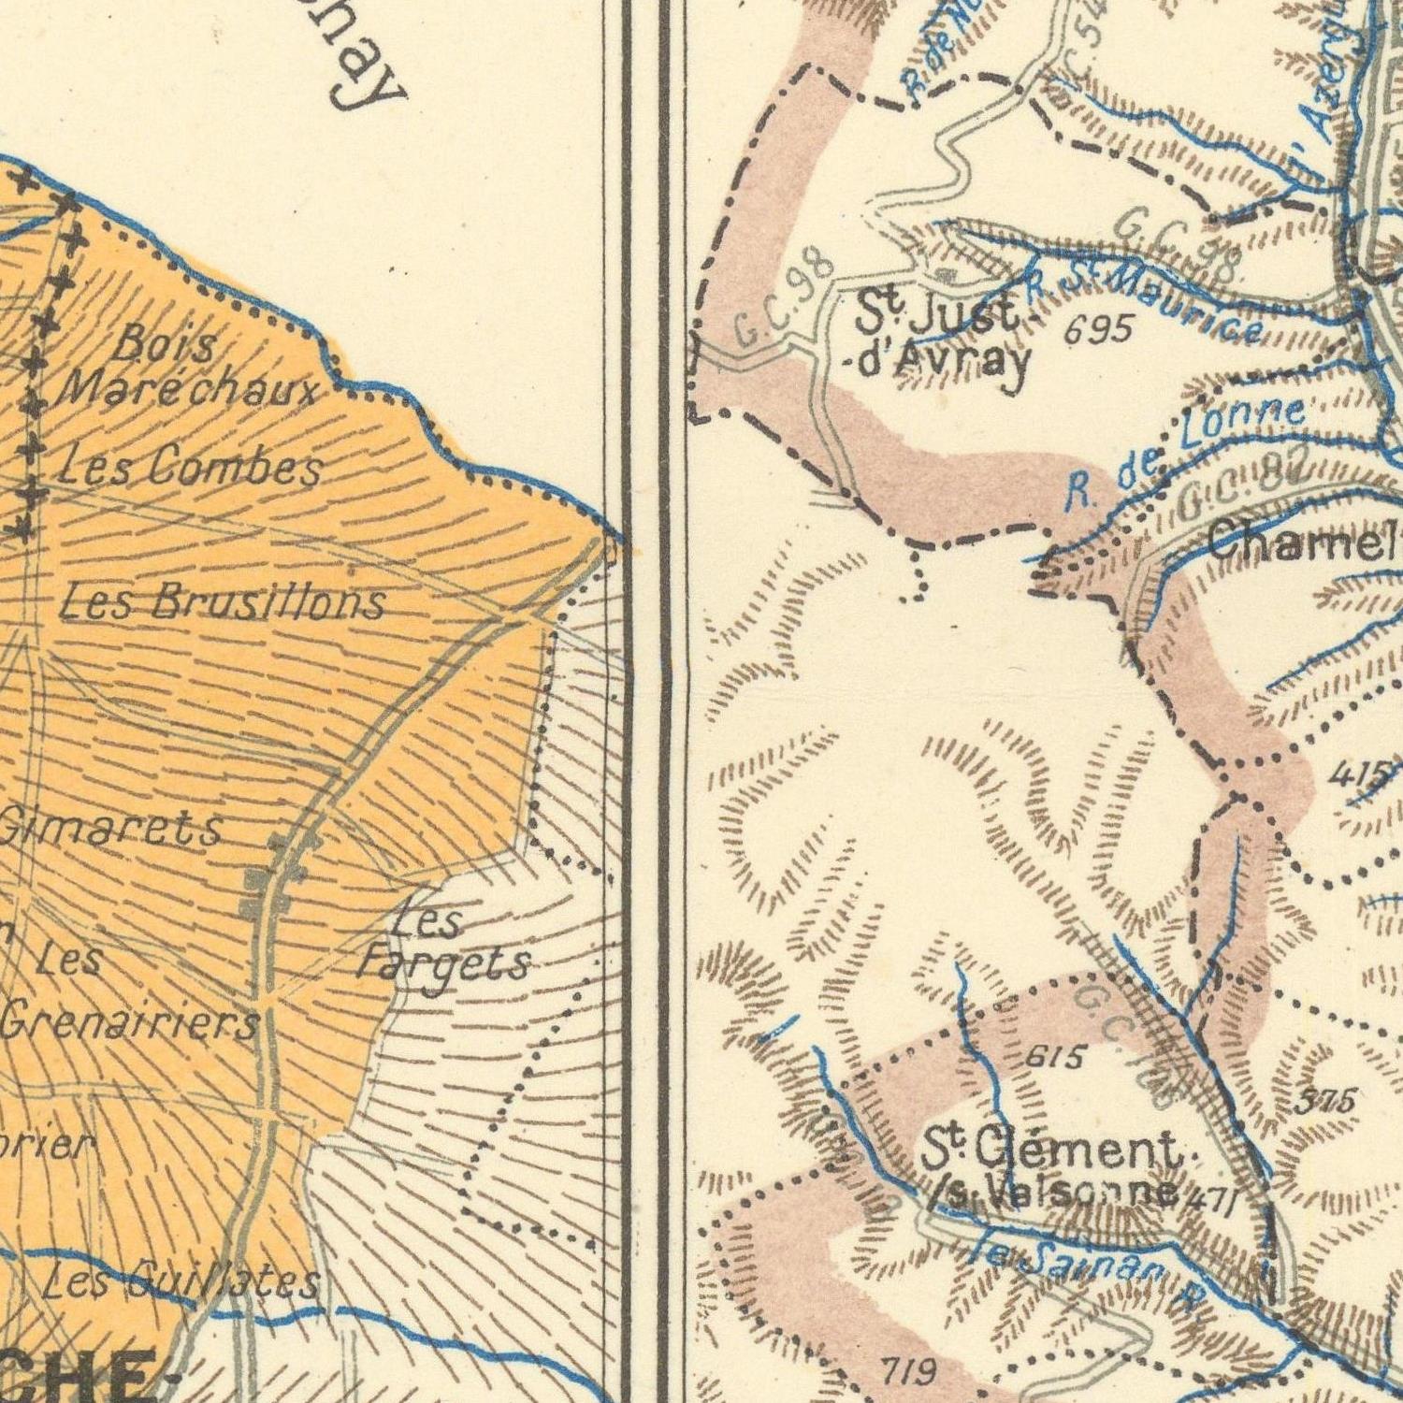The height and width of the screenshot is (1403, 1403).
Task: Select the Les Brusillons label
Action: point(222,601)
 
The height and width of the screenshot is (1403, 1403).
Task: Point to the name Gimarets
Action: point(112,828)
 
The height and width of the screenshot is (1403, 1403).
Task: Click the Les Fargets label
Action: point(443,945)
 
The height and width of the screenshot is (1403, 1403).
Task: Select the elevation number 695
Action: point(1100,328)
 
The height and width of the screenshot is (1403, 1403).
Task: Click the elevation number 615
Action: point(1055,1058)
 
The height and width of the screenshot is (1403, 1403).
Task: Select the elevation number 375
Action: point(1325,1102)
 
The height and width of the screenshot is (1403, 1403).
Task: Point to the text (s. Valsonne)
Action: point(1054,1191)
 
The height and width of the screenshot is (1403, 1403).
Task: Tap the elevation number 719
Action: point(909,1371)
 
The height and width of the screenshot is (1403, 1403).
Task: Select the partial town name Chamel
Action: point(1305,542)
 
